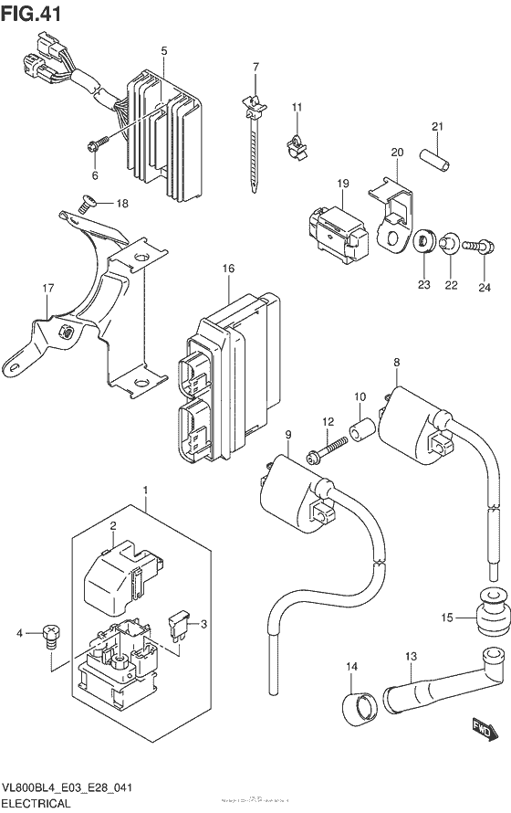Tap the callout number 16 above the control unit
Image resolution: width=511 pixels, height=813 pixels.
228,269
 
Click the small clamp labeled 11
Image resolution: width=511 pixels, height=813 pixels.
296,143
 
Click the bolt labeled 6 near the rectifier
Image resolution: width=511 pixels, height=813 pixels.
98,142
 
